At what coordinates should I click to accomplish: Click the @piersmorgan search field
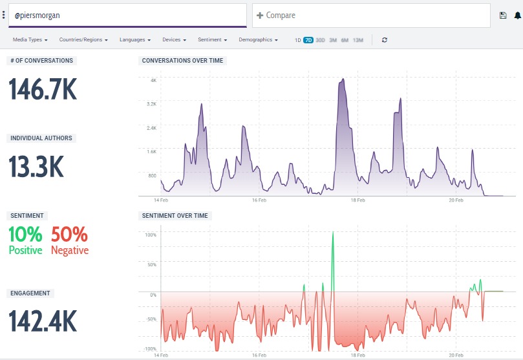pyautogui.click(x=126, y=16)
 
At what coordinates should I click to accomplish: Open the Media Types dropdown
pyautogui.click(x=30, y=40)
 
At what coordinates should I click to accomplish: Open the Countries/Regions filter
pyautogui.click(x=83, y=40)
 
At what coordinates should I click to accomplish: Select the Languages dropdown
pyautogui.click(x=135, y=40)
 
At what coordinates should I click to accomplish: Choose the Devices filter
pyautogui.click(x=175, y=40)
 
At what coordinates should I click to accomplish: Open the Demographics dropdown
pyautogui.click(x=258, y=40)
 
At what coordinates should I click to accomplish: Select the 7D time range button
pyautogui.click(x=308, y=40)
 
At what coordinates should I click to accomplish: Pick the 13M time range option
pyautogui.click(x=358, y=40)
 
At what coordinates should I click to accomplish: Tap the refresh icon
pyautogui.click(x=385, y=40)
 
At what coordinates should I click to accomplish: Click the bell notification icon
pyautogui.click(x=517, y=16)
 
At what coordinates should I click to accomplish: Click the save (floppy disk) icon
pyautogui.click(x=503, y=16)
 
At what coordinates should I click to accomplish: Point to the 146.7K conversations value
pyautogui.click(x=43, y=89)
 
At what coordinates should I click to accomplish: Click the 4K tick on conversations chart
pyautogui.click(x=153, y=80)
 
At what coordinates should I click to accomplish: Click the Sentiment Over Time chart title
pyautogui.click(x=175, y=216)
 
